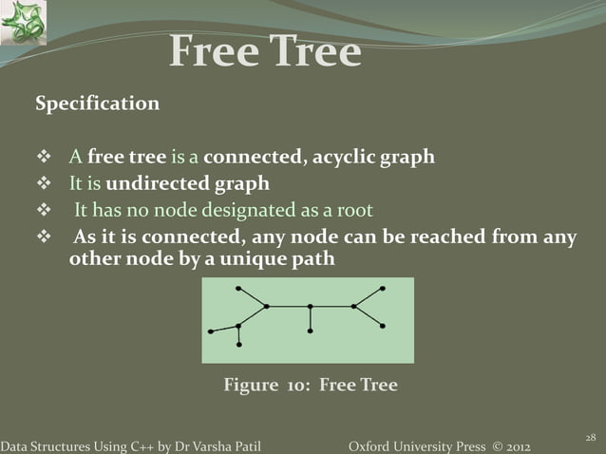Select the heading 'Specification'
click(97, 104)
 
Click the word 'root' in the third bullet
click(352, 211)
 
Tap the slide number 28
click(589, 436)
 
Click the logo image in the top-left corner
click(23, 23)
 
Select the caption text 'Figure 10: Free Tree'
click(310, 386)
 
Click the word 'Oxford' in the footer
click(372, 445)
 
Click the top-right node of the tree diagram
click(383, 287)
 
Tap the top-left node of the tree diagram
click(238, 287)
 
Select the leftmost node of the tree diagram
click(211, 331)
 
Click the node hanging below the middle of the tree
click(311, 331)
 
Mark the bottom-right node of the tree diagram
click(382, 326)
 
